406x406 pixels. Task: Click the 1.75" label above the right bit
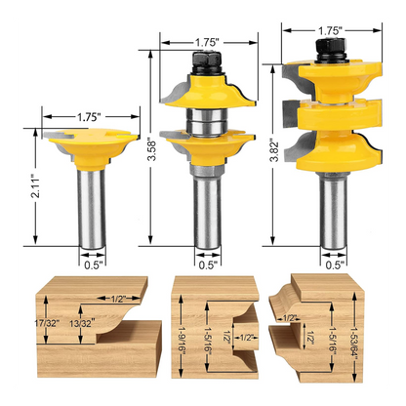pos(330,30)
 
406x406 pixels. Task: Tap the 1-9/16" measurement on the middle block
pos(182,336)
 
